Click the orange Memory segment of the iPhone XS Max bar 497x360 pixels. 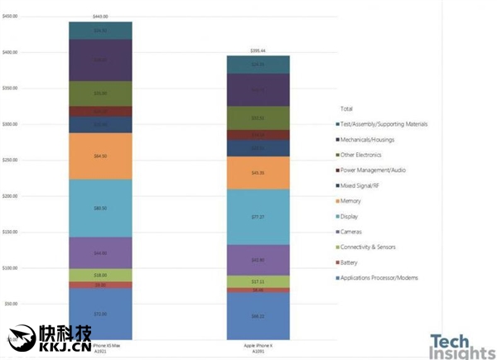click(100, 156)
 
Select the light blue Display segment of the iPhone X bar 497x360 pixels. click(258, 217)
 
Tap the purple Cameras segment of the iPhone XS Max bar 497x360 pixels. click(100, 252)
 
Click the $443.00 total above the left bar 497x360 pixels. click(100, 16)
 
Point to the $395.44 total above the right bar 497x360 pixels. click(258, 50)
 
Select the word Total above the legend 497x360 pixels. click(347, 108)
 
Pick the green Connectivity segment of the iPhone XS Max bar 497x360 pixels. click(100, 275)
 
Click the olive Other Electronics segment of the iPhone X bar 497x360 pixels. click(258, 118)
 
